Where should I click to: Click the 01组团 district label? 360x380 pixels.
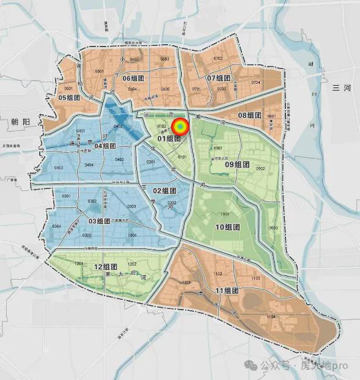point(169,138)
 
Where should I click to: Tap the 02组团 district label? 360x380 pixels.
point(164,190)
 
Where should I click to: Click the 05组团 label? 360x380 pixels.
point(69,97)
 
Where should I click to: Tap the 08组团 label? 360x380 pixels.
point(249,115)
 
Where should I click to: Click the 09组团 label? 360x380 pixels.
point(237,164)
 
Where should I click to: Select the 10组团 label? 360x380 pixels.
point(227,227)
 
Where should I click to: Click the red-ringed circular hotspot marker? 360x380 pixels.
point(180,127)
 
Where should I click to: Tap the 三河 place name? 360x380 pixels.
point(342,88)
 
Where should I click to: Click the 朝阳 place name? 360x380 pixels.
point(20,122)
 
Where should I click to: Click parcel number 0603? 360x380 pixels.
point(164,59)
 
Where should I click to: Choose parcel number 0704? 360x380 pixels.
point(255,82)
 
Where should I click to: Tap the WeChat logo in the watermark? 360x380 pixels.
point(250,365)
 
